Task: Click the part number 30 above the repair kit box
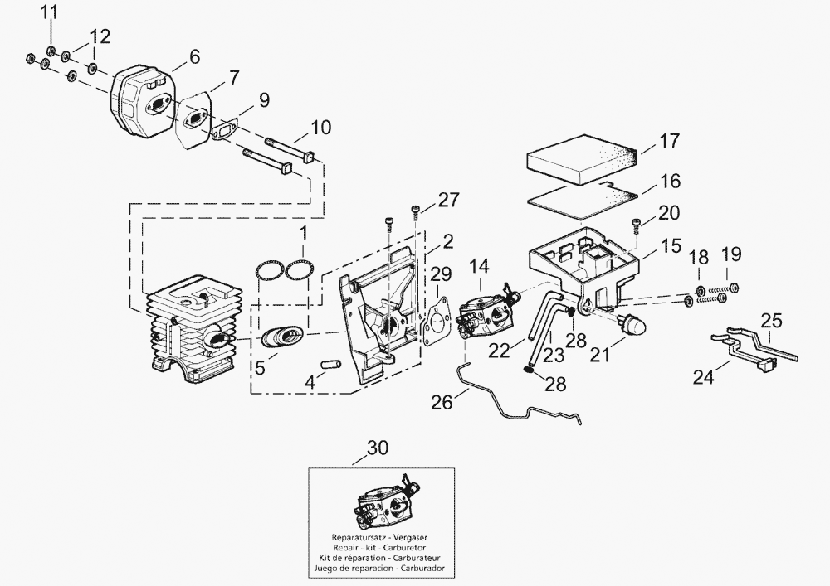click(x=377, y=448)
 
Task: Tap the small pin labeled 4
click(x=330, y=364)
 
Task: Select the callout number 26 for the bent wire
click(x=442, y=403)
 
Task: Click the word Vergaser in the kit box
click(x=417, y=536)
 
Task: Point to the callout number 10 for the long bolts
click(x=321, y=128)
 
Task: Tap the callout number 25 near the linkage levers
click(x=772, y=319)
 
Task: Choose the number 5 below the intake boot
click(x=261, y=366)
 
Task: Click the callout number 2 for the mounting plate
click(x=447, y=242)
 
